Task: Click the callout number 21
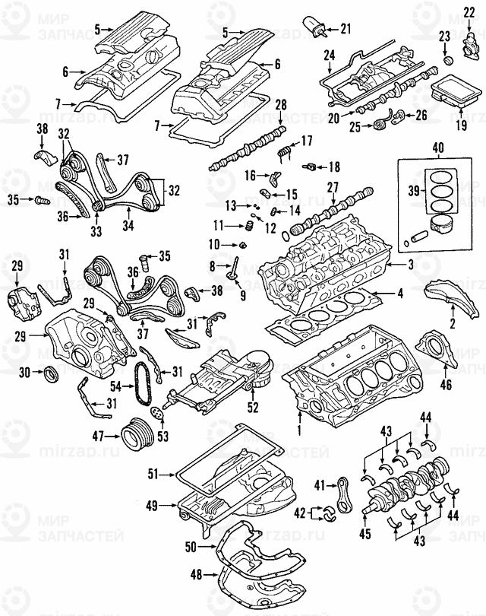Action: (346, 30)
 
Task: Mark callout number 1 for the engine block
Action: (299, 430)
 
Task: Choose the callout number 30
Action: (24, 372)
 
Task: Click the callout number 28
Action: (280, 104)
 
